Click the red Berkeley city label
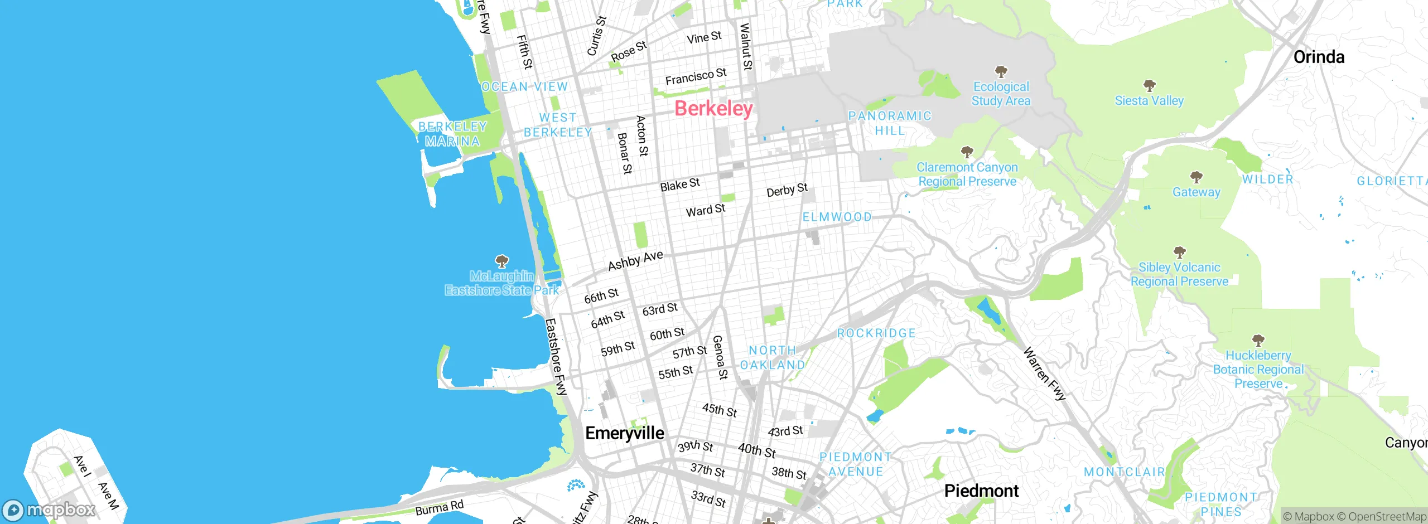coord(713,108)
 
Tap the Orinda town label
coord(1318,57)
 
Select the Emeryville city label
coord(624,433)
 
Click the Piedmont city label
coord(981,491)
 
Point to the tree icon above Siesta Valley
coord(1149,85)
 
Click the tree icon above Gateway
coord(1196,177)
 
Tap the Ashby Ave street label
coord(635,260)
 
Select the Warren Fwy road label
coord(1044,373)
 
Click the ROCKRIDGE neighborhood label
coord(876,333)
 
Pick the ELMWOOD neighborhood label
coord(837,217)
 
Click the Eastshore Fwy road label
coord(556,357)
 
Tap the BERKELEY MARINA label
coord(452,134)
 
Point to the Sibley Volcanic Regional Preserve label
coord(1179,274)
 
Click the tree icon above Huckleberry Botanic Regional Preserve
coord(1258,340)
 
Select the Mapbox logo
coord(49,510)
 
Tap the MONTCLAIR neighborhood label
coord(1124,472)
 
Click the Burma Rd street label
coord(439,508)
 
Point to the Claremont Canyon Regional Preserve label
coord(967,174)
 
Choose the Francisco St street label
coord(696,77)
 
